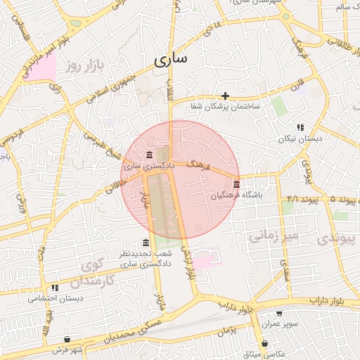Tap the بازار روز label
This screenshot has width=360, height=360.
[85, 67]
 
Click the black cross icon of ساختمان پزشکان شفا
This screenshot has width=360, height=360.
[225, 96]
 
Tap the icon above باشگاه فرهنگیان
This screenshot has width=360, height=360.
[235, 184]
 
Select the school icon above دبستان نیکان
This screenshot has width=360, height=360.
[301, 127]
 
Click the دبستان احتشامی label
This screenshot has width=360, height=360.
[55, 299]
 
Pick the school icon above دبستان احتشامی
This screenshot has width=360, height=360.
[54, 288]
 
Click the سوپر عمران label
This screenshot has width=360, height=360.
[281, 325]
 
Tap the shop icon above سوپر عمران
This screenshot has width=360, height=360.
[281, 314]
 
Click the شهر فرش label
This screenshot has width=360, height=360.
[67, 349]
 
